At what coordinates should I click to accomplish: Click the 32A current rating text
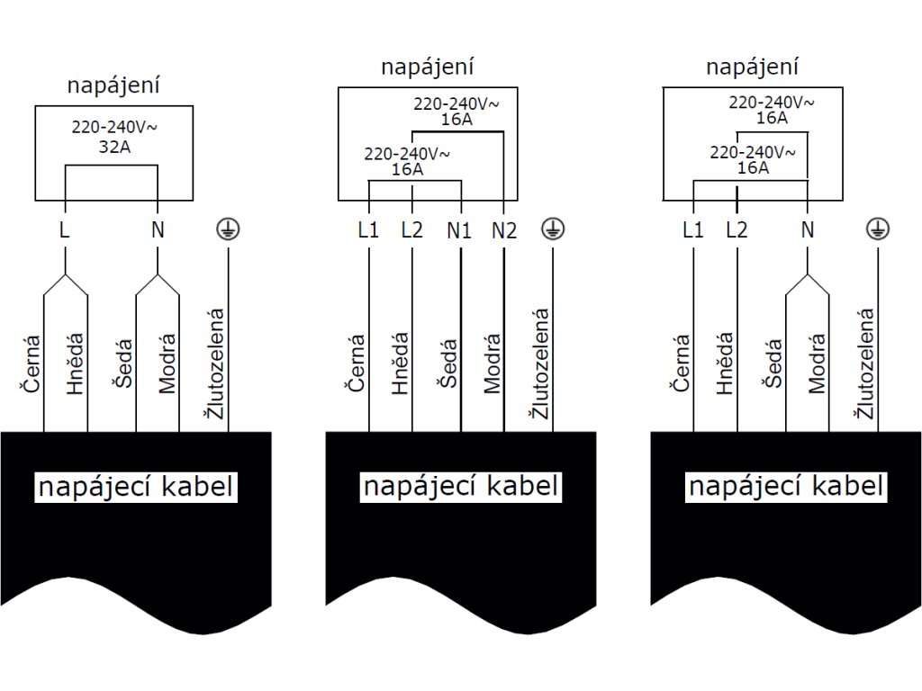[113, 147]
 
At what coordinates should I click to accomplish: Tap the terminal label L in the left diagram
[64, 229]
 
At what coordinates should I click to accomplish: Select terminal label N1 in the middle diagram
[459, 229]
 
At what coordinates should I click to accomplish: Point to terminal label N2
[504, 229]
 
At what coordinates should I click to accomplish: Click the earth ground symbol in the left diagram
[227, 229]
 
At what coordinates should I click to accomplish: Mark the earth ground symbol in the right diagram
[873, 229]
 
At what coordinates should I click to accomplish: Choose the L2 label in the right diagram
[737, 229]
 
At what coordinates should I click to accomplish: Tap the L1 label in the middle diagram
[368, 229]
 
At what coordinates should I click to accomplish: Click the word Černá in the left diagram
[32, 364]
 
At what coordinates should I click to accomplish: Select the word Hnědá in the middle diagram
[401, 364]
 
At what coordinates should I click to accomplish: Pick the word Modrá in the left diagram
[167, 364]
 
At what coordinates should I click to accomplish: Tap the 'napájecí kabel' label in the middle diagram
[461, 487]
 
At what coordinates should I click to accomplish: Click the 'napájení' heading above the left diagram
[113, 86]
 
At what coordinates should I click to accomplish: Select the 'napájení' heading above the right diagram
[753, 67]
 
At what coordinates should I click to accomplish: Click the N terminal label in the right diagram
[807, 229]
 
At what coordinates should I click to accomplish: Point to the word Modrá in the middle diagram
[492, 364]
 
